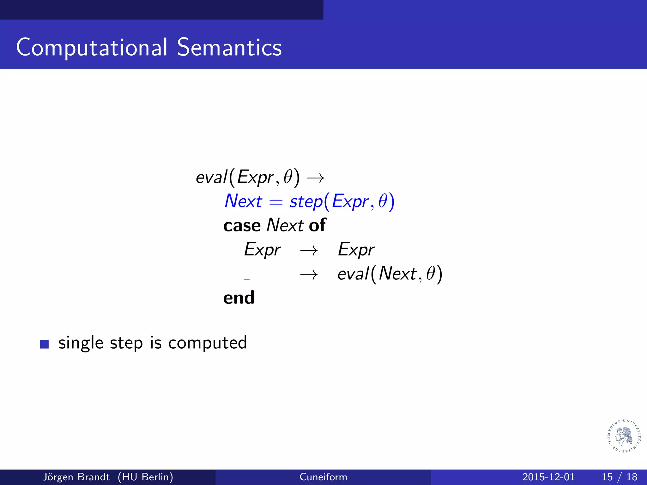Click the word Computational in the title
[92, 47]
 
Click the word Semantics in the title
[229, 47]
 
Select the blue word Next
[243, 201]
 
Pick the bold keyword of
[317, 225]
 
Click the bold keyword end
[239, 297]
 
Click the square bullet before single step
[44, 344]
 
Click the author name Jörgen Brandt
[76, 477]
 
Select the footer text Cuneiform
[323, 477]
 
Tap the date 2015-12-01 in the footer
[548, 477]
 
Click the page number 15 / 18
[619, 477]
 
